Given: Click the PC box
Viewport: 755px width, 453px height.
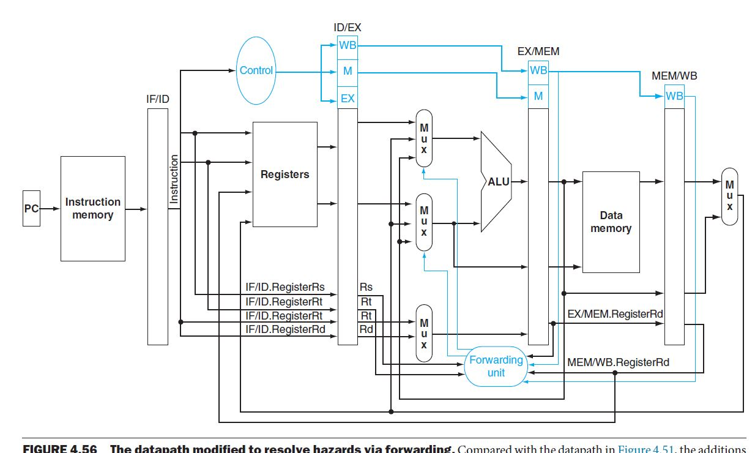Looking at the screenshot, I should [x=31, y=209].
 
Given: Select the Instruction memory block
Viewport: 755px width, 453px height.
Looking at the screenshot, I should [x=93, y=209].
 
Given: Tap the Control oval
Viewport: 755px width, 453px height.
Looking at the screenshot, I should [x=256, y=70].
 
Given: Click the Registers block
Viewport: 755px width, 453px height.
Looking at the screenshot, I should [x=285, y=174].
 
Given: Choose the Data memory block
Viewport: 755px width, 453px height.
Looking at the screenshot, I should [x=611, y=222].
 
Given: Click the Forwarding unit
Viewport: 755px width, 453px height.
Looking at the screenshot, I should [x=496, y=366].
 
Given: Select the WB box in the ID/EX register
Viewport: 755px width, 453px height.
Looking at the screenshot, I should [x=348, y=45].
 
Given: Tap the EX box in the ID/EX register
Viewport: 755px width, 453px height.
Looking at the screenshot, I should [x=348, y=98].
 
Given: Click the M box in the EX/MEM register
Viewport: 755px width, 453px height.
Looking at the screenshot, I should [x=538, y=96].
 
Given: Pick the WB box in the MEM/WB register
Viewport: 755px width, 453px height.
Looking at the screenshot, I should [x=674, y=96].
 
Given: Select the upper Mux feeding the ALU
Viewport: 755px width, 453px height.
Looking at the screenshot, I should [x=424, y=138].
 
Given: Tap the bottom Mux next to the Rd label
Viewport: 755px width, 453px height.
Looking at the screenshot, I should [x=424, y=332].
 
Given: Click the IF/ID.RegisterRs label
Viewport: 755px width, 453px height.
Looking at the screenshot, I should [x=285, y=286].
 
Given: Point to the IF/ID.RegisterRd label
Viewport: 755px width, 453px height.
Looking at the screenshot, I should [x=285, y=330].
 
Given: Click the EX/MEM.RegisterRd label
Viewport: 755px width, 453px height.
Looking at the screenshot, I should [x=615, y=314].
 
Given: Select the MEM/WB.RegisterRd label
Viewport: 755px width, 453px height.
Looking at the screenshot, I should [x=618, y=362].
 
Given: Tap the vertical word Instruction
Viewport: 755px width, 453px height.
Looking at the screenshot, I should [x=174, y=179].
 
